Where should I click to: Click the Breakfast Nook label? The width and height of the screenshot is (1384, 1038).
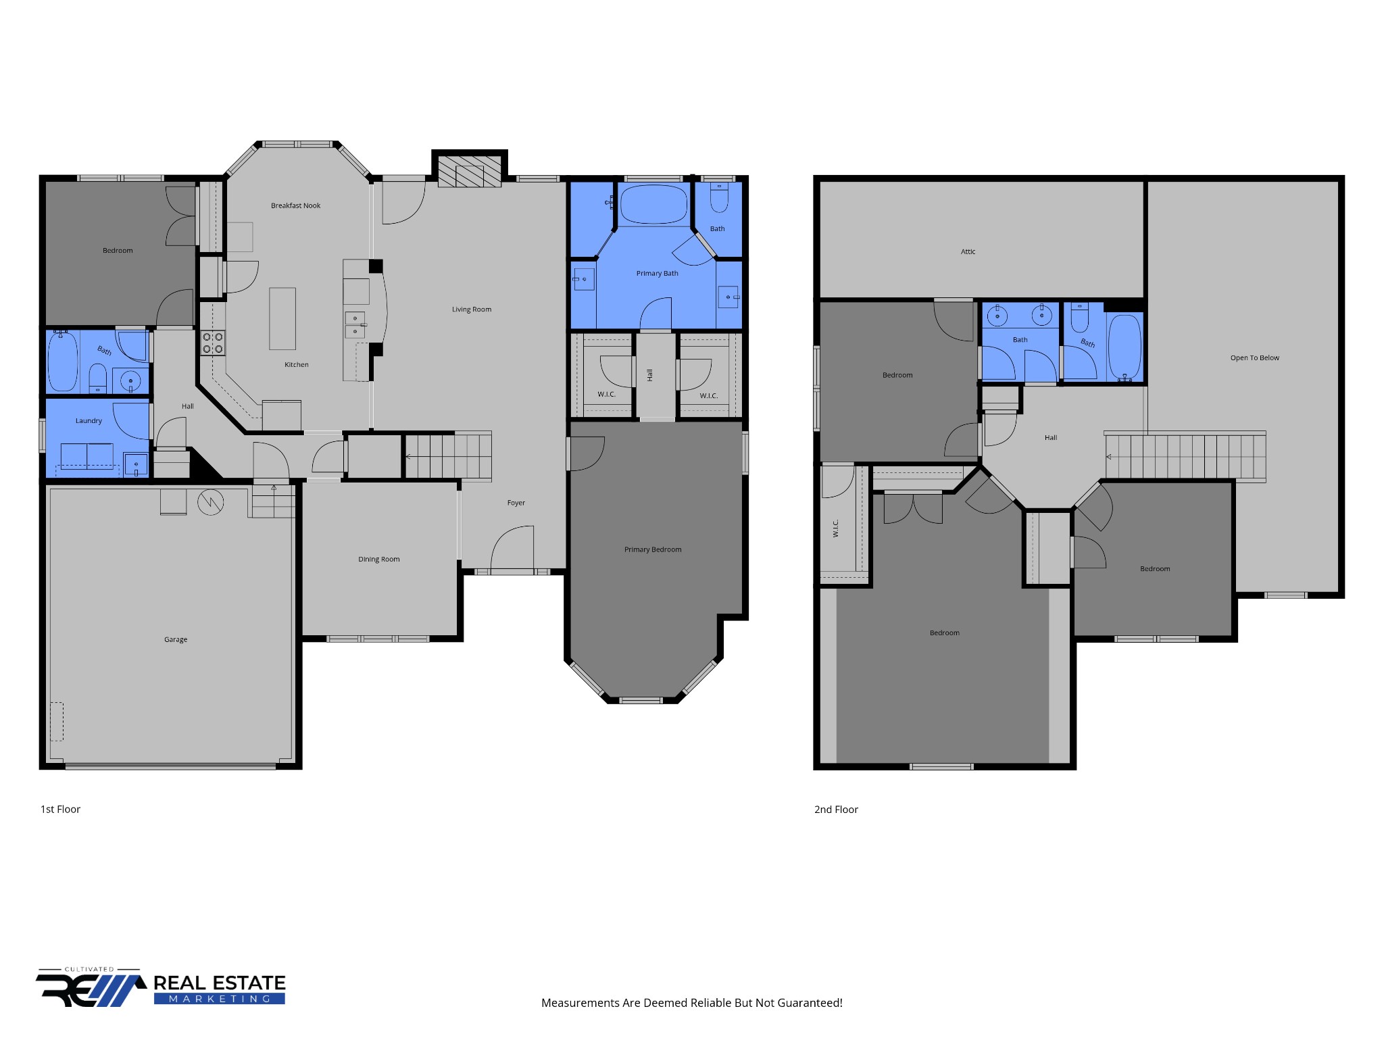click(295, 205)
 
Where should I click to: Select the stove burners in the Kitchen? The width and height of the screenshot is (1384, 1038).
click(213, 343)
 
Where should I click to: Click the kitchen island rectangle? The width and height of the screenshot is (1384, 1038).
click(282, 318)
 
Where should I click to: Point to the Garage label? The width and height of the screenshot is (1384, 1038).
click(176, 639)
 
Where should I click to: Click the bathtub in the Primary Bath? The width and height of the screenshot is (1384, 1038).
click(653, 204)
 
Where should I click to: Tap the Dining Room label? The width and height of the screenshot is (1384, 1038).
click(379, 559)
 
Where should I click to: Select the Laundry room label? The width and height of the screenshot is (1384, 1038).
click(89, 420)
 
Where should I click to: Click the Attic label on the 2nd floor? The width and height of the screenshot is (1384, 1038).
click(968, 251)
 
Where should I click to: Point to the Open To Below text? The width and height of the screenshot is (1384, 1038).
click(1254, 357)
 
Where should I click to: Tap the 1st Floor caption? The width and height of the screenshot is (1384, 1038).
click(60, 809)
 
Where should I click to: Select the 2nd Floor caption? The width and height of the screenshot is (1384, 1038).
click(836, 809)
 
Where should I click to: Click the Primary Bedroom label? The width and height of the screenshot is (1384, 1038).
click(653, 549)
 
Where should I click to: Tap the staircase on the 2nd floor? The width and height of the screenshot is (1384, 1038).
click(1184, 456)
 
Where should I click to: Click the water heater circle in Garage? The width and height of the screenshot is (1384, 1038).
click(211, 502)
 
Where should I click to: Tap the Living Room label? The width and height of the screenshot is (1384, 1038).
click(472, 310)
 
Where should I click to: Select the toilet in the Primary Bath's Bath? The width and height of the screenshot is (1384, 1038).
click(718, 197)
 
